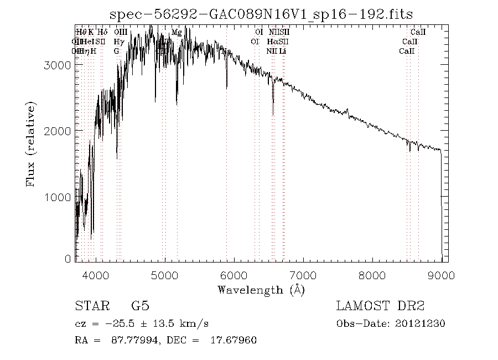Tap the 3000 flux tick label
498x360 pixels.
(57, 65)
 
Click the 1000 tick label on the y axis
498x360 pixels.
(57, 197)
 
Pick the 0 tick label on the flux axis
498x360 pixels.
(68, 259)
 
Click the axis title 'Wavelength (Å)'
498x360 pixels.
(261, 289)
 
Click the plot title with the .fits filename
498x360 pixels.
(261, 14)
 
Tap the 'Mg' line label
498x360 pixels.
(177, 33)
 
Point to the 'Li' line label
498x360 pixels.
(283, 51)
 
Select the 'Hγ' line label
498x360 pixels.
(118, 42)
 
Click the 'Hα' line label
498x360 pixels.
(272, 42)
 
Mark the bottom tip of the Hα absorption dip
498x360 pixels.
(273, 115)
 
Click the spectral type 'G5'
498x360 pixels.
(140, 306)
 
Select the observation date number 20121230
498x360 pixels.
(421, 323)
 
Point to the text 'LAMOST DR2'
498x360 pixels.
(380, 306)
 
